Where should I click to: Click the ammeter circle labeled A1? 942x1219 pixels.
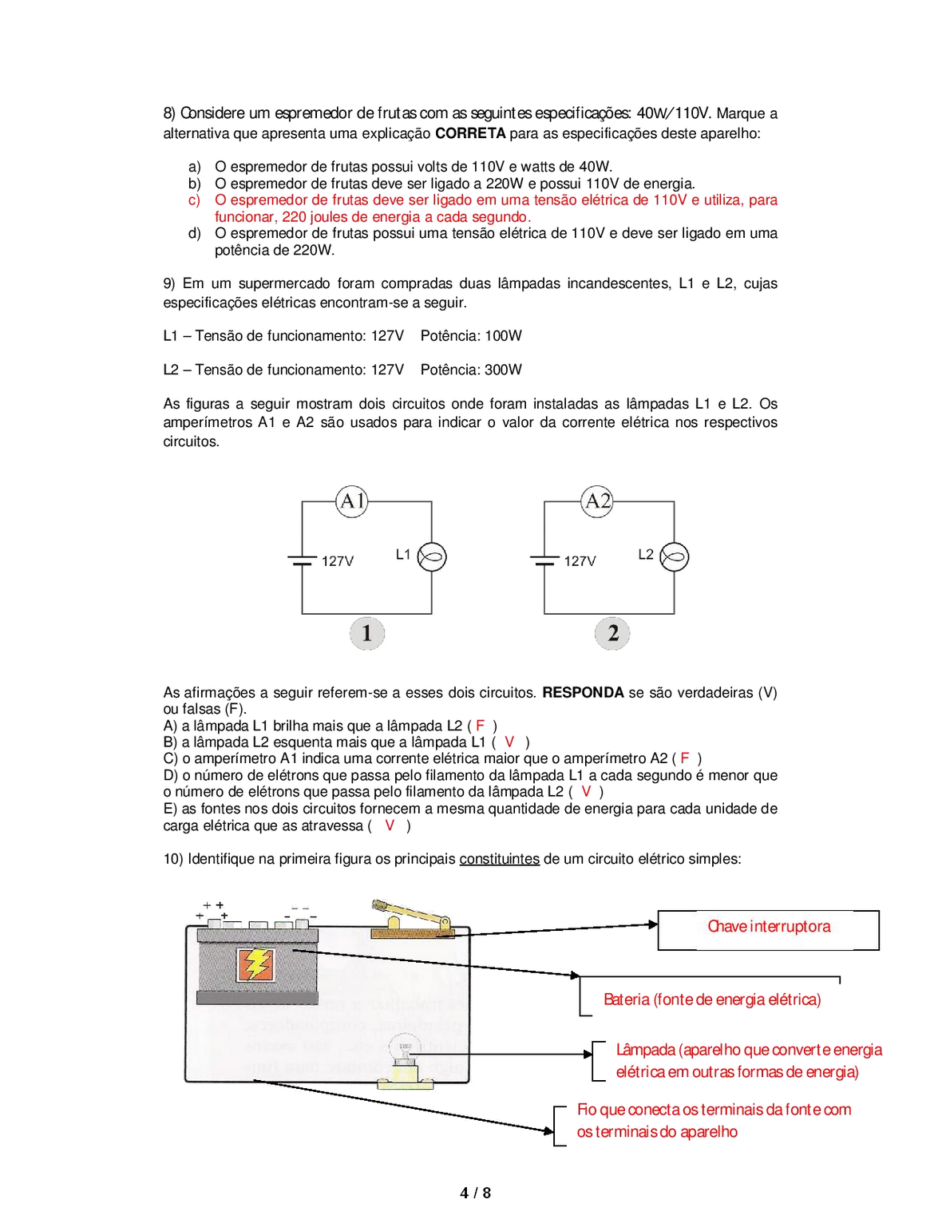pyautogui.click(x=352, y=501)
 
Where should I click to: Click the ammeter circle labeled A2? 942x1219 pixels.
pyautogui.click(x=597, y=501)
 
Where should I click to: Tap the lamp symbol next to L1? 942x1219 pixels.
pyautogui.click(x=432, y=557)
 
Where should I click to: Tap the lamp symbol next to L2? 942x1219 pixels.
pyautogui.click(x=675, y=557)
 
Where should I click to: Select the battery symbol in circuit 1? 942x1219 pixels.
pyautogui.click(x=302, y=560)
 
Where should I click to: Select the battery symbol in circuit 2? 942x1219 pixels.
pyautogui.click(x=544, y=560)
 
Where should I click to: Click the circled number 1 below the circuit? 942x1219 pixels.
pyautogui.click(x=366, y=634)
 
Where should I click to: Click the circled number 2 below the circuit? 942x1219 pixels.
pyautogui.click(x=612, y=634)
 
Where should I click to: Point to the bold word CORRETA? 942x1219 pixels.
pyautogui.click(x=470, y=133)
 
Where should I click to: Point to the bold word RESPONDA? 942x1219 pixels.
pyautogui.click(x=583, y=693)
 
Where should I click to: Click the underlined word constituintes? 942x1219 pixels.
pyautogui.click(x=499, y=859)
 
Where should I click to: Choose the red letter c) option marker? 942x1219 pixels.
pyautogui.click(x=195, y=200)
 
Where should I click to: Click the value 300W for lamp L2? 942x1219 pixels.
pyautogui.click(x=503, y=370)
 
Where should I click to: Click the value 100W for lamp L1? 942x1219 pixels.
pyautogui.click(x=503, y=336)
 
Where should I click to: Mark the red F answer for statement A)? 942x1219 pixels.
pyautogui.click(x=481, y=726)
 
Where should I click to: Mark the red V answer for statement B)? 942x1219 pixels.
pyautogui.click(x=509, y=742)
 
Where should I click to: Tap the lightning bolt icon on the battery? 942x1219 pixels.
pyautogui.click(x=256, y=964)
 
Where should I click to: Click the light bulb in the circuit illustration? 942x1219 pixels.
pyautogui.click(x=406, y=1052)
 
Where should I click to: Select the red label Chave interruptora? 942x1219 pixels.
pyautogui.click(x=769, y=927)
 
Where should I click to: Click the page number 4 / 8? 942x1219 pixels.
pyautogui.click(x=475, y=1193)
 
